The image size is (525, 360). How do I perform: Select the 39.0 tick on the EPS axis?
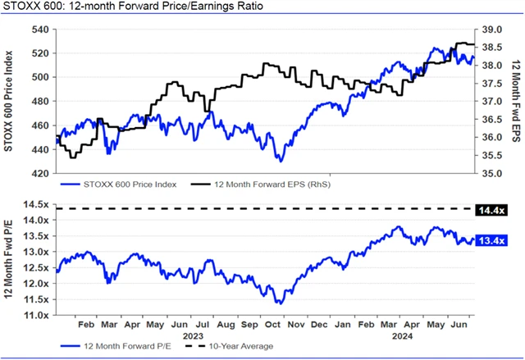491,29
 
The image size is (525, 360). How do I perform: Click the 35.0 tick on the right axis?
491,174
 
